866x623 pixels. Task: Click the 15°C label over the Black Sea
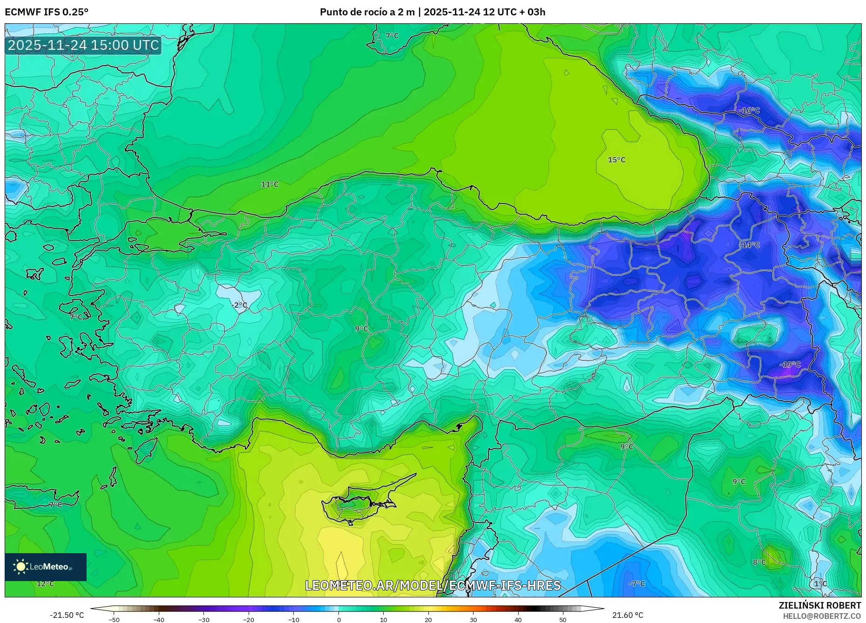(616, 160)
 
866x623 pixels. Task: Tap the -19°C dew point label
(790, 365)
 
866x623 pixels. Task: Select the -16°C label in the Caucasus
(749, 110)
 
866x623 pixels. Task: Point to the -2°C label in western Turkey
(239, 305)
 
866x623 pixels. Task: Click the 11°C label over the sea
(270, 184)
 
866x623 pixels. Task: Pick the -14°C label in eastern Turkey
(749, 245)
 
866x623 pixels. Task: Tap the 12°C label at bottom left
(45, 583)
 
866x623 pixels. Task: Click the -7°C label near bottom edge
(637, 583)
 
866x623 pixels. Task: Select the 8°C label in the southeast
(759, 562)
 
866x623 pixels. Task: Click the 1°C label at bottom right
(820, 583)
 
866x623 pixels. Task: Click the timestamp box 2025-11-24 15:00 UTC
(83, 45)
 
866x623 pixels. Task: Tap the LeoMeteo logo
(46, 567)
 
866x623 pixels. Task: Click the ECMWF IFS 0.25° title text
(47, 12)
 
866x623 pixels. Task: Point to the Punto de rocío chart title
(432, 12)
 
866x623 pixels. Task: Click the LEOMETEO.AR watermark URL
(433, 585)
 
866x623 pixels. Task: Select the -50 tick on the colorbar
(114, 619)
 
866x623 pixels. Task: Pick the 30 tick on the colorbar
(473, 619)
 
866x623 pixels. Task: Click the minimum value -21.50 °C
(67, 615)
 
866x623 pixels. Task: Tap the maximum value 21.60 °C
(627, 615)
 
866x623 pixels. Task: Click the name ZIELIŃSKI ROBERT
(819, 605)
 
